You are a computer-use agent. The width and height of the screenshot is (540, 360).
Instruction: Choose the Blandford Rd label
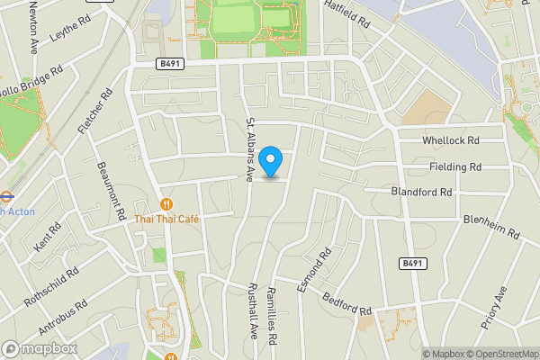(421, 192)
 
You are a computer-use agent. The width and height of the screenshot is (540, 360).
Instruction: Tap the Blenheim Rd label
(492, 226)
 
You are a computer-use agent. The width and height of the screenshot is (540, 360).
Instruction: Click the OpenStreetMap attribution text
(502, 354)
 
